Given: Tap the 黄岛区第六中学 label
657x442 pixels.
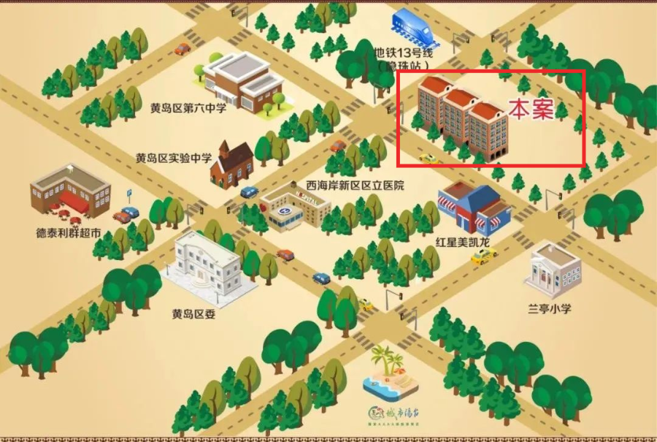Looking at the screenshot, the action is point(188,108).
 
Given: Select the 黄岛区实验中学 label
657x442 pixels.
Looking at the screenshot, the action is point(174,158).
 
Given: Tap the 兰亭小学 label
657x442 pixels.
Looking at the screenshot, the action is point(550,308).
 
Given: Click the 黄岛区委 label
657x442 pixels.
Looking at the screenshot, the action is point(192,314).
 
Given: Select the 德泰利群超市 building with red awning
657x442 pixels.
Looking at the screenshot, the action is point(71,192).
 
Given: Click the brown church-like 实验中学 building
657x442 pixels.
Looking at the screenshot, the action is point(231,163).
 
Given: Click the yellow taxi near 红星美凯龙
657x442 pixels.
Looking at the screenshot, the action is point(483,255).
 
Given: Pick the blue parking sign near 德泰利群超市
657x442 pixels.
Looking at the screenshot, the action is point(130,194).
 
